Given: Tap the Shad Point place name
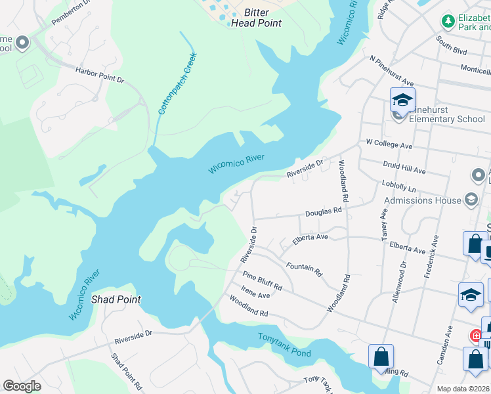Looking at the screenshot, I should (116, 299).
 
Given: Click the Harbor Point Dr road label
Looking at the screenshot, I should (99, 75).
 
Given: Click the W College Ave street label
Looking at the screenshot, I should (389, 144).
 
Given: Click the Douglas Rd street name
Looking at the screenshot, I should (324, 211).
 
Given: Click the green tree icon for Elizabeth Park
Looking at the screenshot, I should (448, 22).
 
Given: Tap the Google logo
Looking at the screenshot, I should (22, 386).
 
